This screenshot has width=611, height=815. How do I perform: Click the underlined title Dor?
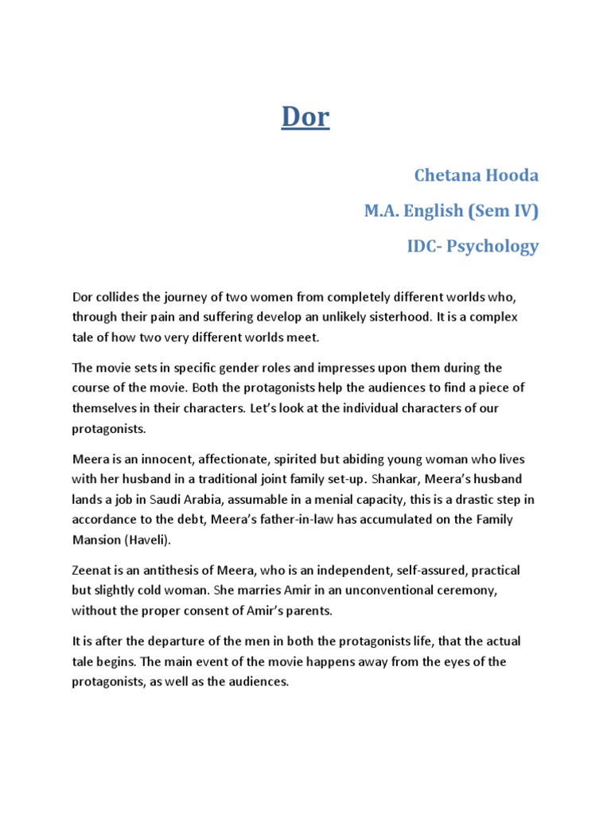point(305,118)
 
